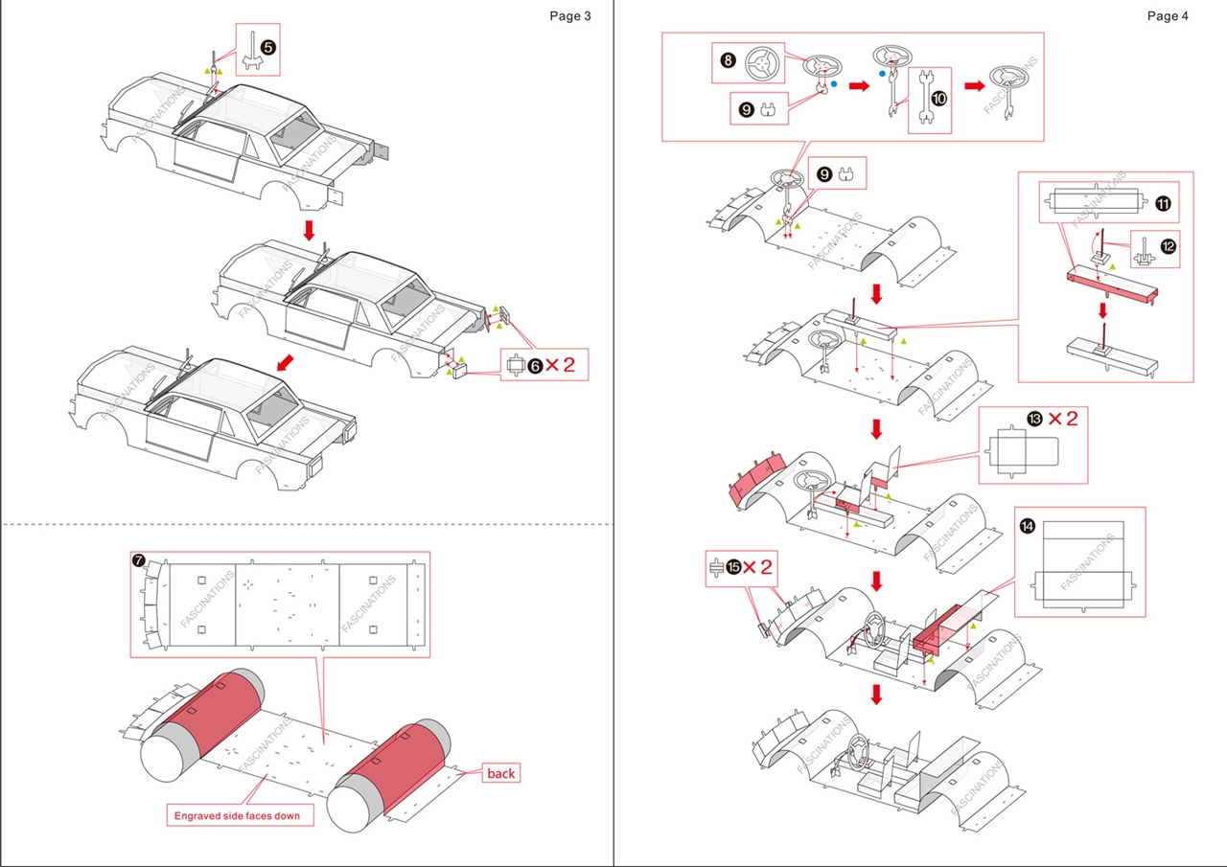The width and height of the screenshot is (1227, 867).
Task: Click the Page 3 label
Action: click(x=569, y=15)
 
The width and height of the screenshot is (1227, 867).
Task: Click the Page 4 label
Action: click(x=1168, y=15)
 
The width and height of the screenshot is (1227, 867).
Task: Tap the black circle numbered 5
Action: click(x=269, y=46)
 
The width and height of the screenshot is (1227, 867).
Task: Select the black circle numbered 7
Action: click(x=140, y=560)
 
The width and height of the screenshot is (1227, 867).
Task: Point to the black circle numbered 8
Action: click(x=728, y=60)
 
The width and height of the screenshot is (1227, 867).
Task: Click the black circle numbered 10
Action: click(x=938, y=97)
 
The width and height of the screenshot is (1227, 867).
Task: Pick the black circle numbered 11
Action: click(x=1163, y=203)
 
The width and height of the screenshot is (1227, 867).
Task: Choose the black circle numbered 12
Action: click(x=1167, y=246)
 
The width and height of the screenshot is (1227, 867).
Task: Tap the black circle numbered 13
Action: click(x=1034, y=419)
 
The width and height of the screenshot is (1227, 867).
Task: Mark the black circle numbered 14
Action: click(x=1028, y=525)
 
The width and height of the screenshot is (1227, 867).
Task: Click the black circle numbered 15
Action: click(x=733, y=567)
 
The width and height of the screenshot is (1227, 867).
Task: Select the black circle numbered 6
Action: click(x=536, y=364)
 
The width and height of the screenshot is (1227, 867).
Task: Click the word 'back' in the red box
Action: click(x=500, y=773)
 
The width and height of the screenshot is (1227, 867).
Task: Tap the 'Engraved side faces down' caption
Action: click(x=237, y=816)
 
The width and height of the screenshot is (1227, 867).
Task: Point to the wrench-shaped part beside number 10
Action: click(x=924, y=98)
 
